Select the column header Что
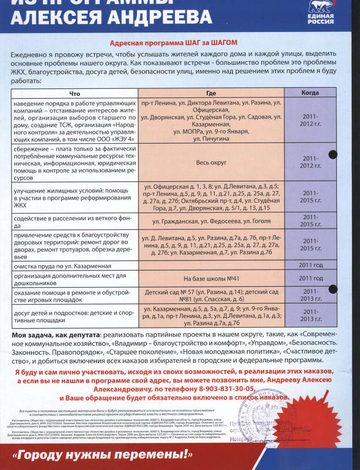75,93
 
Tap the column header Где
211,93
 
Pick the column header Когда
310,93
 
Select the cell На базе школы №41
211,278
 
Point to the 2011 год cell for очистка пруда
310,265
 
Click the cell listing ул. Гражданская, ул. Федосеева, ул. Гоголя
211,221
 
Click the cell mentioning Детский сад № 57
211,295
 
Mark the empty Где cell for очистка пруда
211,265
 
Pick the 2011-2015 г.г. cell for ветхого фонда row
310,220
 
